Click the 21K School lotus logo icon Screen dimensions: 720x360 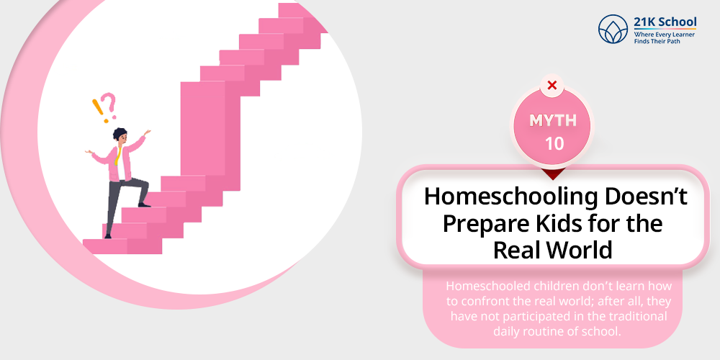[x=613, y=29]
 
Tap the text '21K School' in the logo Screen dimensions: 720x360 [x=665, y=22]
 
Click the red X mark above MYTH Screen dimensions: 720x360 [x=552, y=85]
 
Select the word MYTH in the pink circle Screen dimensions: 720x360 [x=553, y=121]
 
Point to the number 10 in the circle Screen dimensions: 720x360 [x=554, y=144]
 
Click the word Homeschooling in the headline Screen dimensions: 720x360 [x=510, y=197]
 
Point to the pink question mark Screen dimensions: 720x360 [x=109, y=105]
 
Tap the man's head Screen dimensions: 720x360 [x=120, y=135]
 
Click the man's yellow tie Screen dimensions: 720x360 [x=118, y=156]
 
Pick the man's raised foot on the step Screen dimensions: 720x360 [x=144, y=204]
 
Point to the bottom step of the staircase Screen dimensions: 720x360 [x=122, y=246]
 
